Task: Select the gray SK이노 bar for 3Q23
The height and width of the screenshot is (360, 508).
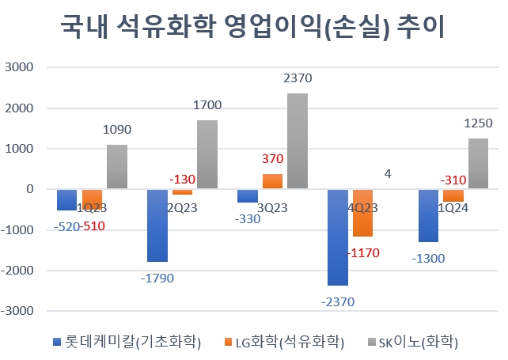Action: [x=297, y=141]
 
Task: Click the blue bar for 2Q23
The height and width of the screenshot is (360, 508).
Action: [x=157, y=225]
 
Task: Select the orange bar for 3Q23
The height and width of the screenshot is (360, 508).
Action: [x=273, y=181]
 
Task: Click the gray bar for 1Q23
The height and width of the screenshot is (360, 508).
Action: [x=116, y=167]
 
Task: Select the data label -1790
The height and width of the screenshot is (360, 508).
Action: [x=157, y=278]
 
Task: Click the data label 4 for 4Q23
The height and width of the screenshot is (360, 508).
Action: [x=387, y=176]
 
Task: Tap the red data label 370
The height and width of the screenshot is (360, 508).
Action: [x=273, y=159]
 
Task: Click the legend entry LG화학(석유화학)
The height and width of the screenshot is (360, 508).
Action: [x=290, y=342]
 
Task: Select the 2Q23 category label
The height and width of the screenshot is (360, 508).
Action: [x=181, y=208]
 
